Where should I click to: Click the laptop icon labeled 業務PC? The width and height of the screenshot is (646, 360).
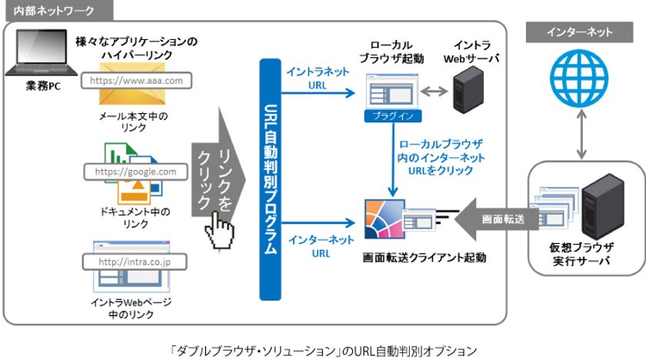(32, 58)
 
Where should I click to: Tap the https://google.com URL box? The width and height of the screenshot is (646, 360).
(135, 172)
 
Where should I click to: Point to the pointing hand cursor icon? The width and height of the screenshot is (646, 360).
(221, 225)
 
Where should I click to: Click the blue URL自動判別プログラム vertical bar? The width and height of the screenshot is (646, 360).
(270, 185)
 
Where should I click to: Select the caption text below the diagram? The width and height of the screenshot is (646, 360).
(323, 350)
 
